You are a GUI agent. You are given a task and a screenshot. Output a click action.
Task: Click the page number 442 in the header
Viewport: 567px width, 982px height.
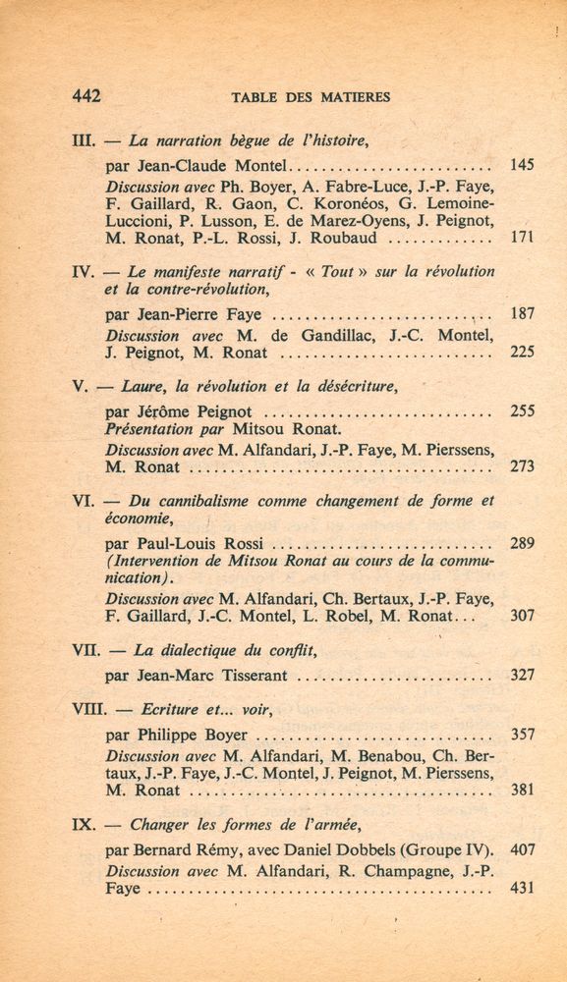click(x=87, y=96)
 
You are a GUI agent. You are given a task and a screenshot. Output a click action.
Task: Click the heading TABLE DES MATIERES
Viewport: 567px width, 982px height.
click(x=311, y=97)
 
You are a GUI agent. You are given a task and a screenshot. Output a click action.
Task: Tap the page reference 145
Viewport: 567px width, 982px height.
click(x=522, y=165)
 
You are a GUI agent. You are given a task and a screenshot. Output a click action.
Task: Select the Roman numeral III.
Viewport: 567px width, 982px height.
click(x=84, y=140)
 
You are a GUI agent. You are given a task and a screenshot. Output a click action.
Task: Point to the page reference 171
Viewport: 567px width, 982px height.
click(x=522, y=238)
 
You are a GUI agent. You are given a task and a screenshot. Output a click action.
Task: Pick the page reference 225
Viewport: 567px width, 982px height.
click(x=522, y=353)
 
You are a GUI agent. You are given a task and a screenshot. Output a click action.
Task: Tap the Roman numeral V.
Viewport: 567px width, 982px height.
click(x=81, y=387)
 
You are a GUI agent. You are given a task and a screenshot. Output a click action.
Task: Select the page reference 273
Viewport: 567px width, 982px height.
click(x=522, y=466)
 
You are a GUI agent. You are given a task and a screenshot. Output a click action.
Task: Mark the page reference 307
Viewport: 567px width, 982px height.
click(x=522, y=616)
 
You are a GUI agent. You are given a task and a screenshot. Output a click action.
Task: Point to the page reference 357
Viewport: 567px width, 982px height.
click(x=522, y=734)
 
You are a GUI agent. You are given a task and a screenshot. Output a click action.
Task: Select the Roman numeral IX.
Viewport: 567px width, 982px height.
click(x=84, y=825)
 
